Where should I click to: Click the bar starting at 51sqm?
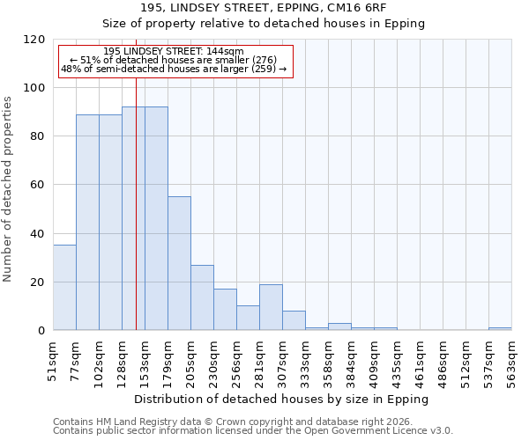tap(64, 288)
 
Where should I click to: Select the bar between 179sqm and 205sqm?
tap(179, 263)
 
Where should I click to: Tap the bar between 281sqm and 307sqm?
tap(271, 307)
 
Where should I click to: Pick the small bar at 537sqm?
tap(500, 328)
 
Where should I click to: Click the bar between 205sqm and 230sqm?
tap(202, 297)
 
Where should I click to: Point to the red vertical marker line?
tap(136, 202)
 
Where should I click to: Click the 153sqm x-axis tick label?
tap(145, 360)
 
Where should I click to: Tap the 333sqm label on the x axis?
tap(305, 360)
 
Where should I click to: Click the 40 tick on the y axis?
tap(38, 234)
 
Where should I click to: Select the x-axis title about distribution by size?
tap(281, 400)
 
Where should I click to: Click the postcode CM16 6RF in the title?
tap(394, 7)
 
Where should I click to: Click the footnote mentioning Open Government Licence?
tap(253, 431)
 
